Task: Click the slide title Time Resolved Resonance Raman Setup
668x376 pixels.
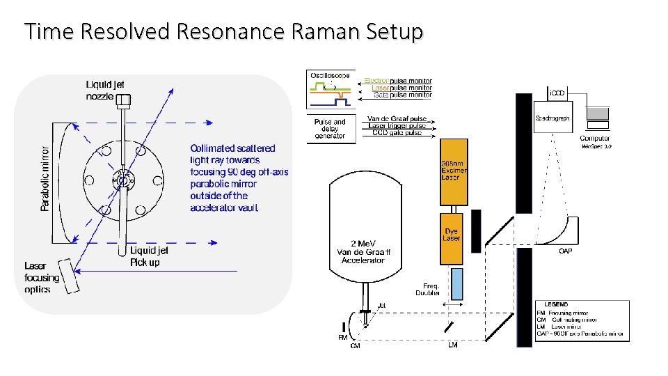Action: point(223,32)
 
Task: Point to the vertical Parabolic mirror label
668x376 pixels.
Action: point(45,178)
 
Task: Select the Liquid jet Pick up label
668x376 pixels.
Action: point(149,256)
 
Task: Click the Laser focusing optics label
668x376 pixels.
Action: point(41,277)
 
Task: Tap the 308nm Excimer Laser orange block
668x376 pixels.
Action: point(454,171)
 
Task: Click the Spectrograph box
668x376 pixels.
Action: point(552,120)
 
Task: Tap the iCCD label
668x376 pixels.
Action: point(557,93)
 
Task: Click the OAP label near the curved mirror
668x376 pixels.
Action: point(566,251)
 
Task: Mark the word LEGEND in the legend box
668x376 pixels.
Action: point(556,304)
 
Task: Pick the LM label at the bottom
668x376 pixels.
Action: point(452,344)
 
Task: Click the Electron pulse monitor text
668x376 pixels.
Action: point(398,81)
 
